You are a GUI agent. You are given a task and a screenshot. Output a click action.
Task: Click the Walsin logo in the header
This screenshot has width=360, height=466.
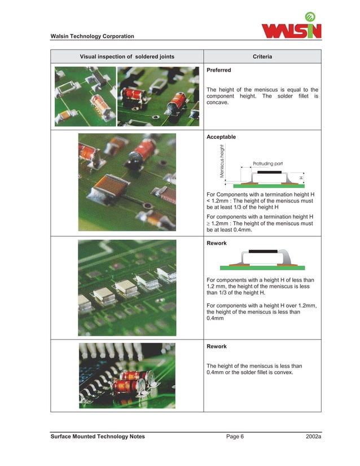292,27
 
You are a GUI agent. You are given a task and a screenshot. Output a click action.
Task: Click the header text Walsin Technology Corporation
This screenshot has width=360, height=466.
93,37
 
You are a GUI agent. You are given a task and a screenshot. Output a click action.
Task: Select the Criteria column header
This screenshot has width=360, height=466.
262,57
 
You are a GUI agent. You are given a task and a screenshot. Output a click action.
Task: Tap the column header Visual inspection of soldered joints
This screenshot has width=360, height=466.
126,57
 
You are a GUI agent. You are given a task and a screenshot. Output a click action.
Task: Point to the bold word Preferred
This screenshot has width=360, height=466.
219,71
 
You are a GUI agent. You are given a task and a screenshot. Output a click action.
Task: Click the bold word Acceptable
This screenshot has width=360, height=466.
221,137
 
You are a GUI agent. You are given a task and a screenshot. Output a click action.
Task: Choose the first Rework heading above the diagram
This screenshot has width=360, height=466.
217,244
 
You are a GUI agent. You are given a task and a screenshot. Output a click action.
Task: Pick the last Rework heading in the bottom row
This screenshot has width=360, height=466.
217,346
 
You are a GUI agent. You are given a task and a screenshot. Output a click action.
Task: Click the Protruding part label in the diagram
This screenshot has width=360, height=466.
267,163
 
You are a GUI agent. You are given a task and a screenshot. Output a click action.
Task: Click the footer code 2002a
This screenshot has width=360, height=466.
312,437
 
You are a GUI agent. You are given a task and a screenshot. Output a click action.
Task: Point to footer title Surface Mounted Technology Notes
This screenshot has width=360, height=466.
98,437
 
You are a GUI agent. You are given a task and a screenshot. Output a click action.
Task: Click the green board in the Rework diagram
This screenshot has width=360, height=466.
262,267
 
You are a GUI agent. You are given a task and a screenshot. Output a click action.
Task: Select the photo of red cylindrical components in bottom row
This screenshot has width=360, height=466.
127,375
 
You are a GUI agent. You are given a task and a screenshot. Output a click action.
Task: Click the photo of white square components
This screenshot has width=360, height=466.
127,288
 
